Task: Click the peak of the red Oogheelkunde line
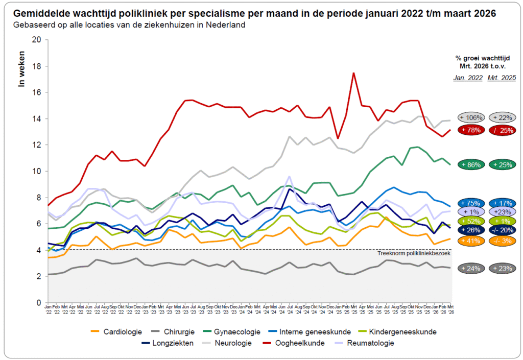[x=353, y=73]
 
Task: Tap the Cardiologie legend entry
[x=118, y=332]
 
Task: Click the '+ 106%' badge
[x=471, y=117]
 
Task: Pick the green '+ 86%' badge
[x=471, y=165]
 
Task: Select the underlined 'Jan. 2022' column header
[x=467, y=78]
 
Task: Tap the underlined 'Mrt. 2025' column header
[x=502, y=78]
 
